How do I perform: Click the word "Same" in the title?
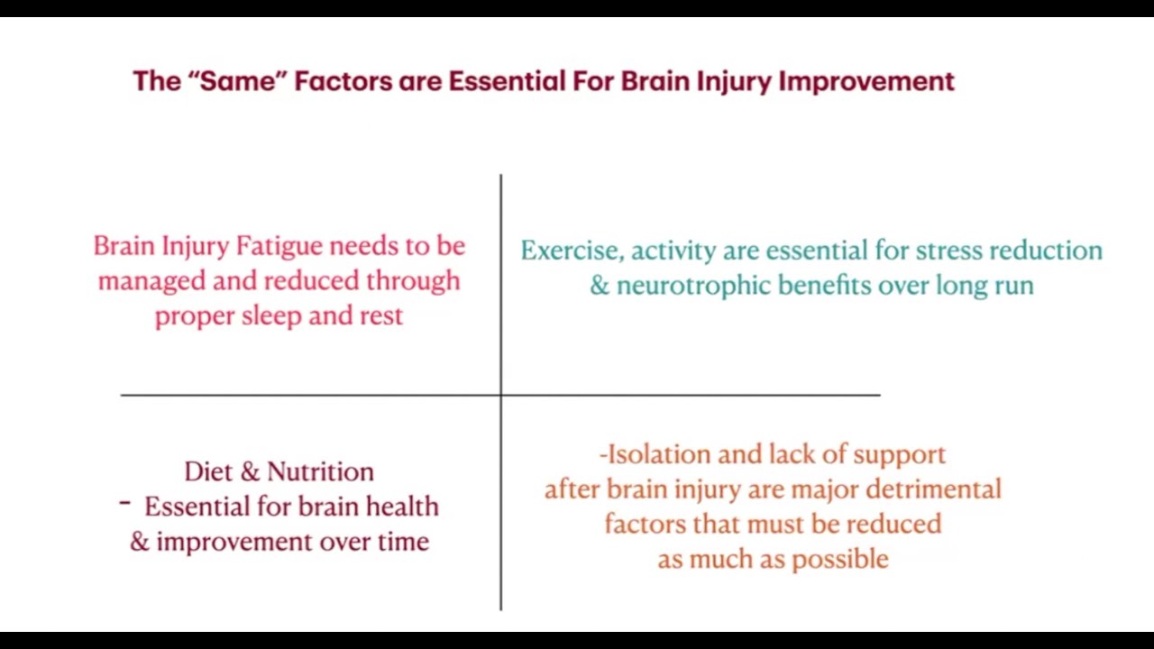236,81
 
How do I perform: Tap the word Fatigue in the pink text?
279,246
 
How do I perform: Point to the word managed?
151,281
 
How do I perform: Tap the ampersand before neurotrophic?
600,286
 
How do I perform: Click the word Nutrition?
320,471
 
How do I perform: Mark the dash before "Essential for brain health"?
124,505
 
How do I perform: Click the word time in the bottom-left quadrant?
404,542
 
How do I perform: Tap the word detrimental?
933,489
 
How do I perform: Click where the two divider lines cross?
500,395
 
